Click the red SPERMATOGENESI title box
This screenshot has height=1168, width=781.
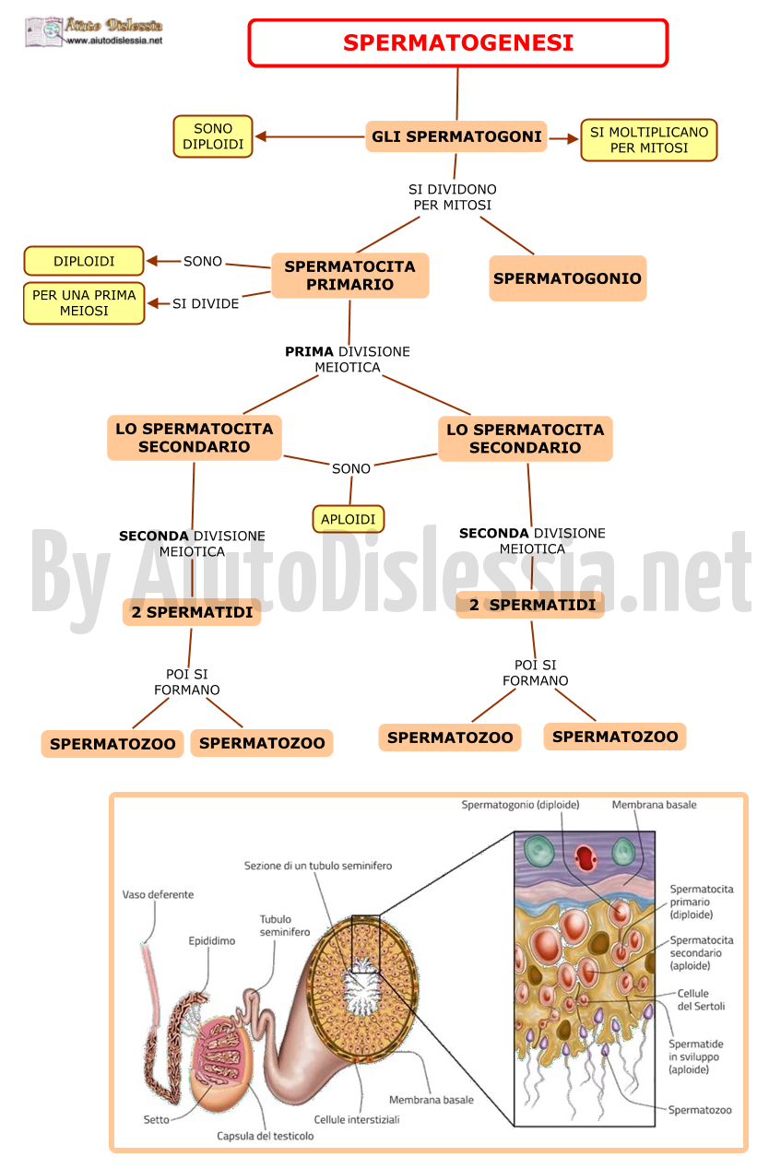[x=457, y=42]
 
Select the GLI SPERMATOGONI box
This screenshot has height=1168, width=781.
[x=456, y=136]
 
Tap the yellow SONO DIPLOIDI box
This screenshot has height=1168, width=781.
[x=213, y=136]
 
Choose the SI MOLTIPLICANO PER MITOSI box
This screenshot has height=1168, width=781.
[x=648, y=140]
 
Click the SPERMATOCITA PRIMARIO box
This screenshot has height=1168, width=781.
[x=349, y=276]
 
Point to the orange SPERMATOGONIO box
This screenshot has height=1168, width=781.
[x=567, y=278]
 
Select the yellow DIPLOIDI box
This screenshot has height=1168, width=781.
[x=84, y=261]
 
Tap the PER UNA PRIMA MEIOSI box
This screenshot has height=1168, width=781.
[x=84, y=303]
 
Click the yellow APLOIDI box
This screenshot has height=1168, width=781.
[x=348, y=519]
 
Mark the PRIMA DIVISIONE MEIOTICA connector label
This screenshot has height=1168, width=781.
[x=348, y=360]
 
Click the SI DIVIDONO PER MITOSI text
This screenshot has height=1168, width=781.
[x=453, y=197]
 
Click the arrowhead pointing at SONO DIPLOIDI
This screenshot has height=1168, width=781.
[x=260, y=136]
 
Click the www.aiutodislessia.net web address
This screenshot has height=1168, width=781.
[x=114, y=41]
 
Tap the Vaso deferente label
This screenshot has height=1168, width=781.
[x=158, y=895]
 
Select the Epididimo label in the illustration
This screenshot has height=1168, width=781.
[x=212, y=941]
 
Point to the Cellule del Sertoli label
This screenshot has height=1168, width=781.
[x=701, y=1000]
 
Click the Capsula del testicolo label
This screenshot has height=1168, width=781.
[x=266, y=1136]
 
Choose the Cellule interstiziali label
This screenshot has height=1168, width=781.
[x=357, y=1119]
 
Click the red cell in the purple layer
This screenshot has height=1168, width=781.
[x=585, y=857]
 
